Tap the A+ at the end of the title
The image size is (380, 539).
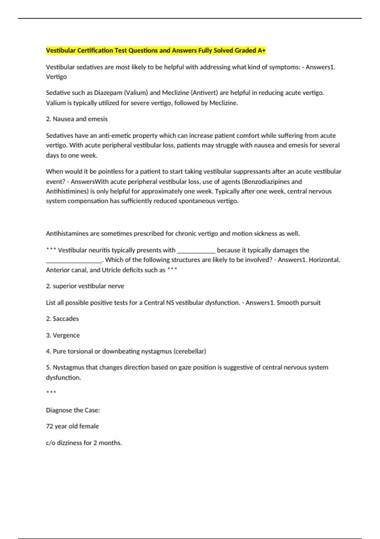tap(262, 50)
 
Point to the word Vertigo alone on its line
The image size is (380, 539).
tap(56, 77)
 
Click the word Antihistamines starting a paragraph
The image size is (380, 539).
tap(67, 234)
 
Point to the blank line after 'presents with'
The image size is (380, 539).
tap(196, 250)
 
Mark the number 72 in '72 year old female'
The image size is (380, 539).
tap(49, 426)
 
